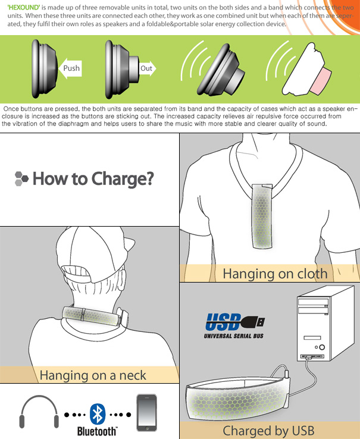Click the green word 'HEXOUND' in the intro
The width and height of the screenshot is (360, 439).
[24, 7]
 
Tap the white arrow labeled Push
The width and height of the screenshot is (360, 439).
[70, 68]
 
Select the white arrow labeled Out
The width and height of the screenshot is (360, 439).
[148, 68]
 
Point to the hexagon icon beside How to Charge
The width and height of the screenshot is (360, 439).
[21, 178]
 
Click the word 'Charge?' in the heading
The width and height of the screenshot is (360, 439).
[123, 179]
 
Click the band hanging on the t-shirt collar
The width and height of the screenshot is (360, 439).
[262, 216]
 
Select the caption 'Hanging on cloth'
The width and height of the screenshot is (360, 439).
[275, 274]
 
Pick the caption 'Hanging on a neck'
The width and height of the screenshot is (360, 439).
[93, 375]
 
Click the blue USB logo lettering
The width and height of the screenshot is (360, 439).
[224, 322]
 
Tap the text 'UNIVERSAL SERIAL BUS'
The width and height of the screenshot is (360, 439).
[234, 335]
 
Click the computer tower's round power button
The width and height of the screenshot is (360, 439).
[322, 347]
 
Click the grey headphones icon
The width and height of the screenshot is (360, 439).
[39, 412]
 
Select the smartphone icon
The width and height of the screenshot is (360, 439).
[146, 413]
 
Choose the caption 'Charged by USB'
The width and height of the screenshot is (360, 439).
[268, 431]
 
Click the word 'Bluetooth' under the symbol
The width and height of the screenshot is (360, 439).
[97, 431]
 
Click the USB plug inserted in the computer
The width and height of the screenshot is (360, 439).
[308, 358]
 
